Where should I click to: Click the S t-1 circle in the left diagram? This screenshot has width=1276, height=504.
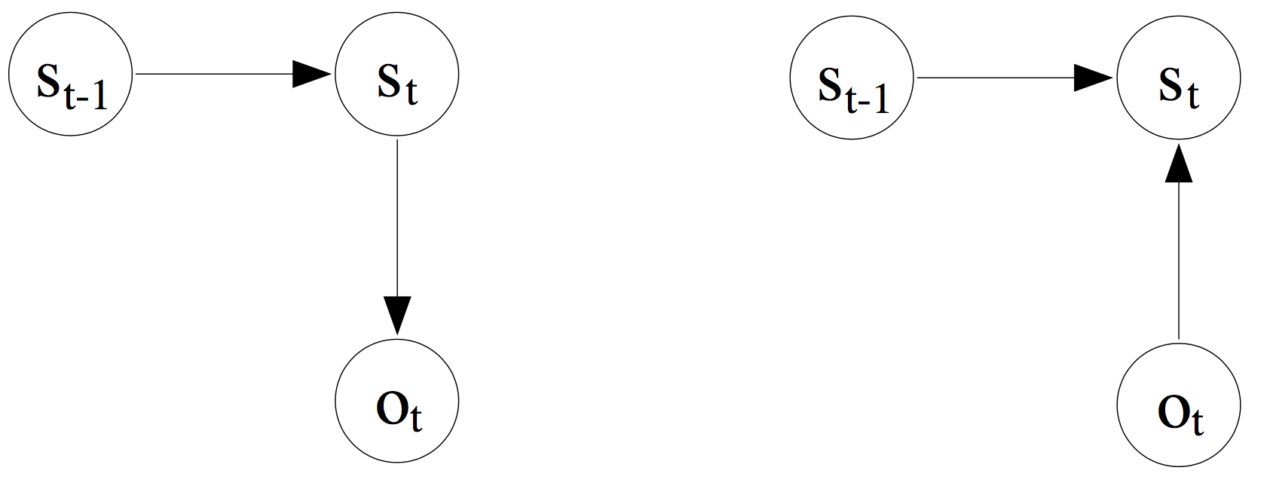(x=70, y=74)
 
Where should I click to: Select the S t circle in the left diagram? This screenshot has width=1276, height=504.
(x=396, y=76)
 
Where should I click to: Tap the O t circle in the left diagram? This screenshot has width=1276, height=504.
(x=396, y=402)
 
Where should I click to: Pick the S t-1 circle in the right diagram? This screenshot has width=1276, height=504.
(x=852, y=78)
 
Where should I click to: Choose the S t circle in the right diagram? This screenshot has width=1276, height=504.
(x=1178, y=78)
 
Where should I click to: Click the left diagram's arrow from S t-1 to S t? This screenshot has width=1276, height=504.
(x=226, y=74)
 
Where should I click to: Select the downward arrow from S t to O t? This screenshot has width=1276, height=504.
(x=396, y=226)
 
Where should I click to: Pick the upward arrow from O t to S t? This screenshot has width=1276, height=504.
(x=1178, y=249)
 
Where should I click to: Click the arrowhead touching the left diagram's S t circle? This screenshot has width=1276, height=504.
(x=312, y=74)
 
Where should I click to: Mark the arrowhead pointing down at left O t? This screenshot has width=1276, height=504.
(x=396, y=315)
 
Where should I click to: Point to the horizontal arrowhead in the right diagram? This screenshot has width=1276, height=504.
(x=1094, y=78)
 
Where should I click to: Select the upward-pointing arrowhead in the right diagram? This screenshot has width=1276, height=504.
(x=1178, y=164)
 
